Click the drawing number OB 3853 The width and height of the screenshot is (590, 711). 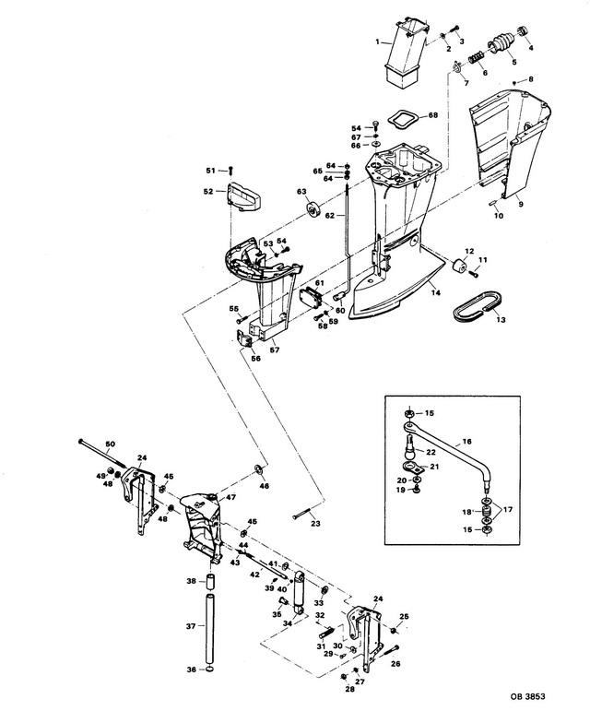click(527, 696)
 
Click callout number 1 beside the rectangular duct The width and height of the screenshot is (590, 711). click(377, 41)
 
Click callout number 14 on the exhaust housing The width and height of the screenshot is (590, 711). click(435, 293)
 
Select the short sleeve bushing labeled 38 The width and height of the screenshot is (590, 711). click(210, 581)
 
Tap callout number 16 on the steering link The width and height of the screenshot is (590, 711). click(467, 441)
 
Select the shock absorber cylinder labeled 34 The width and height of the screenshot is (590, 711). click(298, 592)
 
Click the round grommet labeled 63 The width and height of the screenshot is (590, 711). click(313, 209)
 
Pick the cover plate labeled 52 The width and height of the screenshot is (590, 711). click(243, 196)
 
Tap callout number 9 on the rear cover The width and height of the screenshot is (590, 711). click(521, 204)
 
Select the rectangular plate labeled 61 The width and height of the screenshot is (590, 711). click(311, 298)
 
